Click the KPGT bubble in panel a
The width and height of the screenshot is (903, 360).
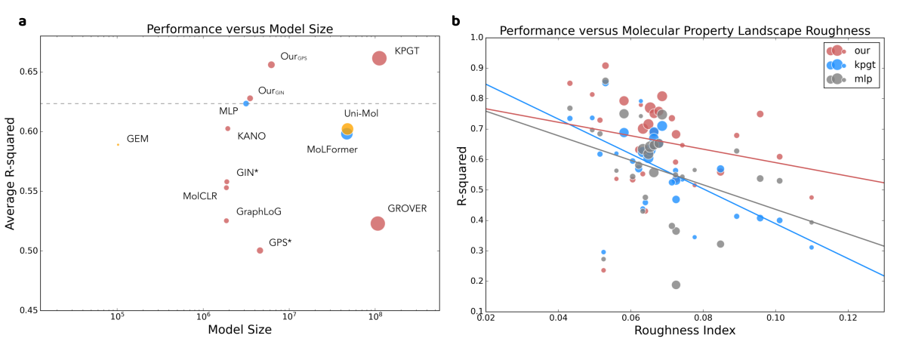tap(379, 58)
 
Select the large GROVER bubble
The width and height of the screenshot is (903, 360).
tap(378, 223)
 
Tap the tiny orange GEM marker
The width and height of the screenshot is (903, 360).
tap(118, 144)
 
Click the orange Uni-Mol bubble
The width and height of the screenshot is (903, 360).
tap(347, 129)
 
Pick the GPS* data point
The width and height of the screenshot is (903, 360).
tap(260, 251)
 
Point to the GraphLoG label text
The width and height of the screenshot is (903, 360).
tap(259, 212)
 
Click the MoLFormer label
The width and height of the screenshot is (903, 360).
tap(332, 149)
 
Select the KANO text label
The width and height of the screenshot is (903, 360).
tap(251, 137)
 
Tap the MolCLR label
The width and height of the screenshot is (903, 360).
tap(200, 196)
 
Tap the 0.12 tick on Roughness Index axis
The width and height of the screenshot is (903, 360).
tap(848, 318)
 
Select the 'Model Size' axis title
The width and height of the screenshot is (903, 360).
tap(239, 329)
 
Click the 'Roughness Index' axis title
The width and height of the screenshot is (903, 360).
tap(685, 330)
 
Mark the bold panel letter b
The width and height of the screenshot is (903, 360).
tap(456, 21)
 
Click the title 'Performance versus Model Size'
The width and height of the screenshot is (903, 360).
tap(239, 29)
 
